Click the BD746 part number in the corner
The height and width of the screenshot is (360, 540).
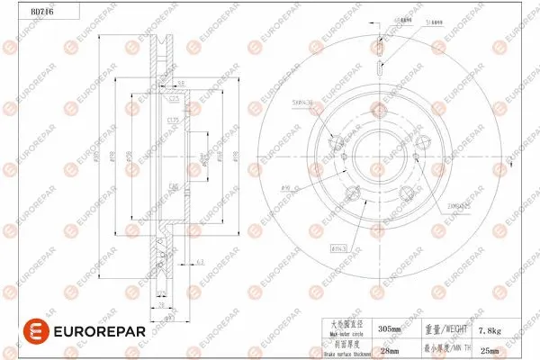[18, 10]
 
